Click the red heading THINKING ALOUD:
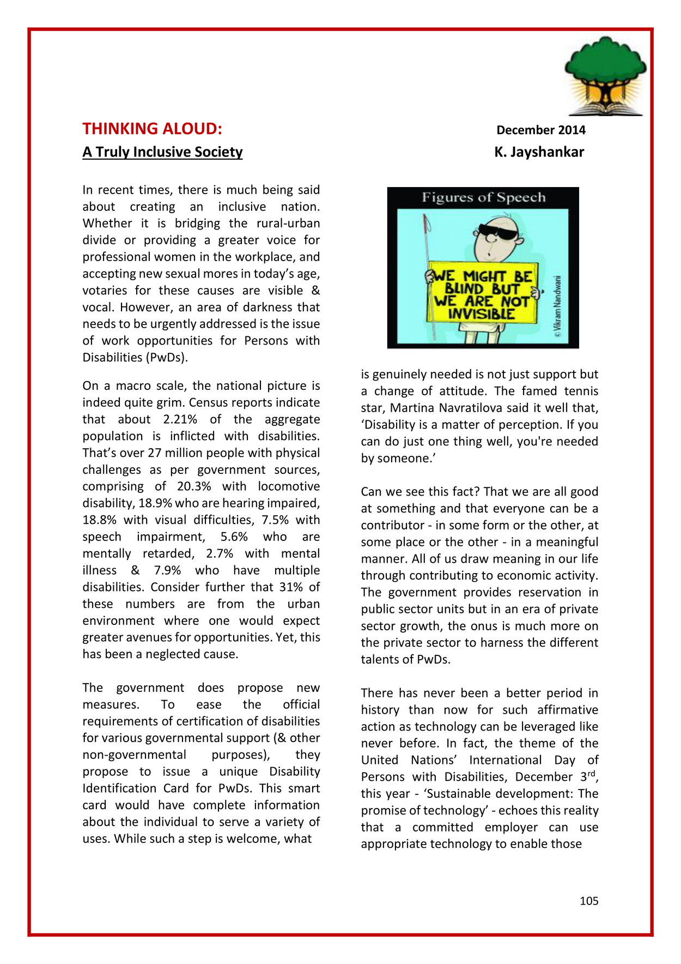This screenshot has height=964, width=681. coord(152,129)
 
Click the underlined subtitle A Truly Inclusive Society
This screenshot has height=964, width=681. coord(162,152)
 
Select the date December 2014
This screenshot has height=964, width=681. coord(540,130)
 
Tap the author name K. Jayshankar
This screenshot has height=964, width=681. coord(539,152)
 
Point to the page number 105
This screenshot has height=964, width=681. coord(588,901)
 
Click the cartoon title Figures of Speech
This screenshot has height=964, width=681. coord(483,197)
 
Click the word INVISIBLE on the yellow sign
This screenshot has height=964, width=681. coord(481,314)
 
